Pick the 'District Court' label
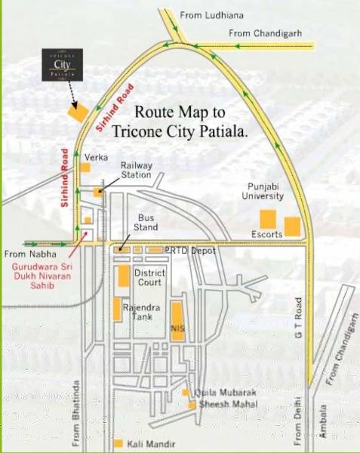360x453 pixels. pos(149,277)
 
